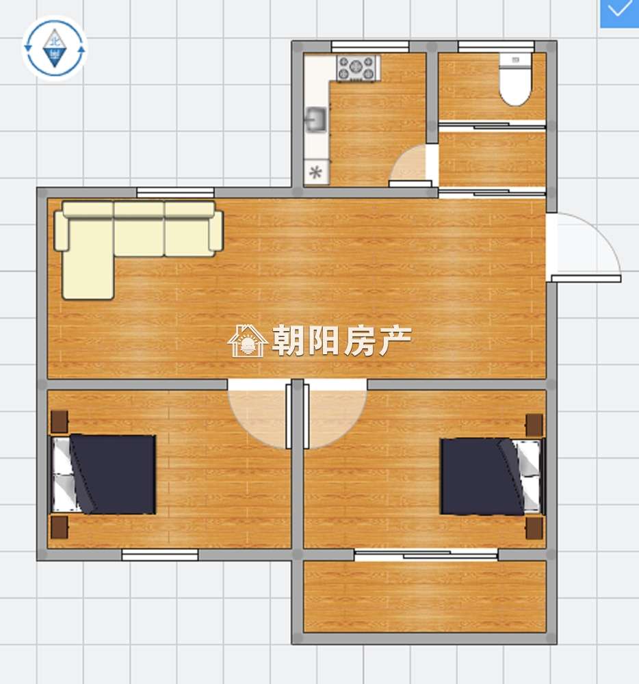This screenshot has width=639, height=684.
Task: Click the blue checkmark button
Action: (x=619, y=14)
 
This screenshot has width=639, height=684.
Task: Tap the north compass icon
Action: (x=55, y=49)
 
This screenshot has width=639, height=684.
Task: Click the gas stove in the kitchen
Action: (x=356, y=68)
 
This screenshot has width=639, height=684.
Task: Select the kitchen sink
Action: (x=316, y=119)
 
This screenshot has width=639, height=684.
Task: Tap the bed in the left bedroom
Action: (x=103, y=474)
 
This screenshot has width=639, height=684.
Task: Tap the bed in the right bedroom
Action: (x=493, y=476)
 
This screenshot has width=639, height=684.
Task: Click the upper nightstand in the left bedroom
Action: (x=60, y=421)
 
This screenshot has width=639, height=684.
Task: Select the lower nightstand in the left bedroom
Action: (x=60, y=527)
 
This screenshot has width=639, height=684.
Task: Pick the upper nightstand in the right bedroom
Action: (x=534, y=425)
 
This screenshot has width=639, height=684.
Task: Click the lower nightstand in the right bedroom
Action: (x=534, y=528)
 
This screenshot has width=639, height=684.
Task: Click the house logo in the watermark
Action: (x=248, y=341)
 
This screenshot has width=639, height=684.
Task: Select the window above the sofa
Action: (x=175, y=192)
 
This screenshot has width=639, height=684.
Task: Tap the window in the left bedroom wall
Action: (x=159, y=555)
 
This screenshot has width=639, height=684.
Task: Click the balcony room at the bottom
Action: (x=425, y=596)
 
